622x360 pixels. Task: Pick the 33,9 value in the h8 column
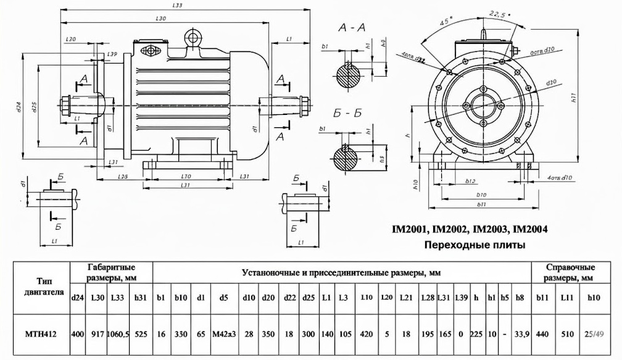521,335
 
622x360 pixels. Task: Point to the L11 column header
568,298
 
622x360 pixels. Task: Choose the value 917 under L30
97,335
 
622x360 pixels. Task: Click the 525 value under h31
143,335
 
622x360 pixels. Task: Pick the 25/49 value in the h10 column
595,335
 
